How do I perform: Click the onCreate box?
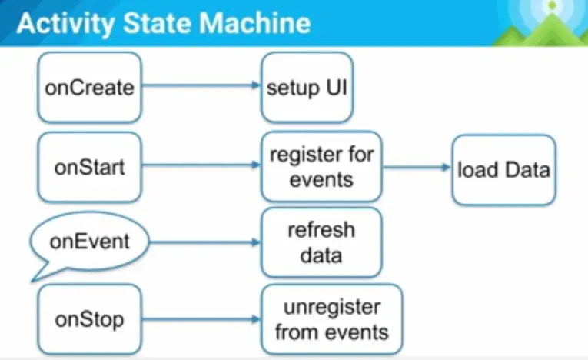89,88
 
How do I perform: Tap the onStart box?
89,168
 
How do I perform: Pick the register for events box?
321,167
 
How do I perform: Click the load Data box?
503,169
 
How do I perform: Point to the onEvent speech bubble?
89,242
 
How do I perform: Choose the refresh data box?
321,242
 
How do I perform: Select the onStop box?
89,319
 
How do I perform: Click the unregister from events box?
331,320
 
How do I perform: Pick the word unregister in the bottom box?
331,308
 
